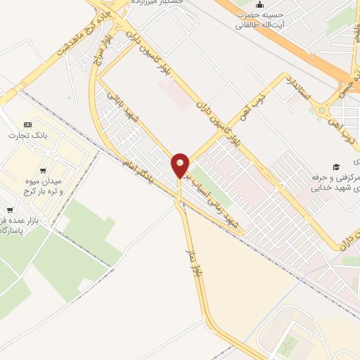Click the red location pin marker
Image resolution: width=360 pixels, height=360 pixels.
180,165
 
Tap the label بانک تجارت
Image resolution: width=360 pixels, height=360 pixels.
27,135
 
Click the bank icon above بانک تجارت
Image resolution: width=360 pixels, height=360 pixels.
27,124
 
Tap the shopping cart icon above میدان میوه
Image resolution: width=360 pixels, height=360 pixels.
43,171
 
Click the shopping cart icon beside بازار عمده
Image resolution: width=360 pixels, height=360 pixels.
9,210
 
